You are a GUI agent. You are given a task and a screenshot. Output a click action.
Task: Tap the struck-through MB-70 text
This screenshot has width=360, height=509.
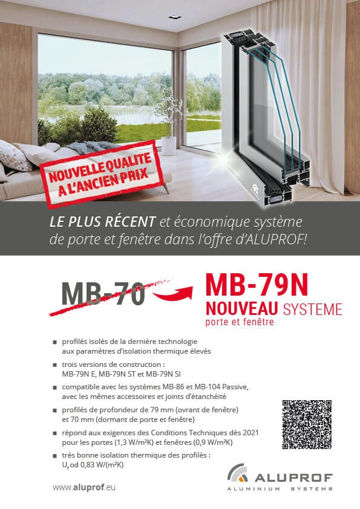click(x=103, y=293)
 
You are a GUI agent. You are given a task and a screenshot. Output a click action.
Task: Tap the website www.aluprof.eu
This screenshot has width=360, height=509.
click(x=83, y=487)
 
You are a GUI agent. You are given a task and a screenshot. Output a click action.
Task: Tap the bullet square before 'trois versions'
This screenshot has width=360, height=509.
click(x=54, y=366)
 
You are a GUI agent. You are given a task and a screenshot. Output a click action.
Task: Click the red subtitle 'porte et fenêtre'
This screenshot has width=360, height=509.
click(x=240, y=322)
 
